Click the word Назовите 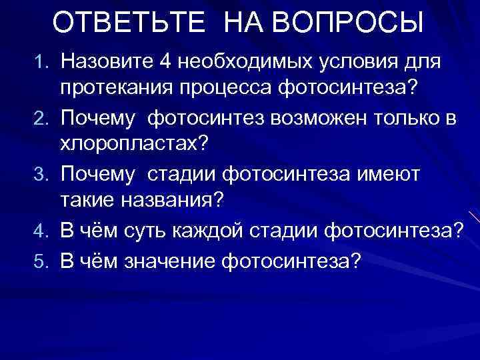tap(106, 62)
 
